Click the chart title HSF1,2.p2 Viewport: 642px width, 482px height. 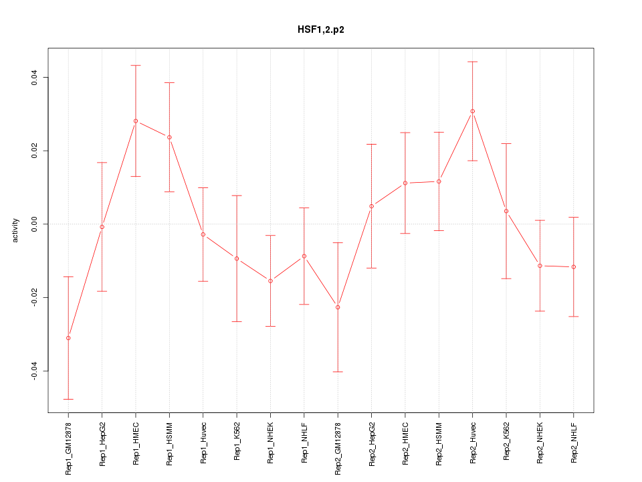coord(321,30)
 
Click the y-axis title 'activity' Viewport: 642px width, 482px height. coord(16,230)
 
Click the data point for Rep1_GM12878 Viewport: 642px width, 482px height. coord(68,338)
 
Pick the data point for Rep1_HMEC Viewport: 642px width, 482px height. coord(136,121)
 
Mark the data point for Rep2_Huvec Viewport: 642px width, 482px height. coord(472,111)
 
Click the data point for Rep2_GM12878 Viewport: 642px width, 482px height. coord(338,307)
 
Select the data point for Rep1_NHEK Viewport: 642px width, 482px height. coord(270,280)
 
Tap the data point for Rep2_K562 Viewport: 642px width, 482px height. coord(506,211)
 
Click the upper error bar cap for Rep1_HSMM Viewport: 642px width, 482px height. coord(169,82)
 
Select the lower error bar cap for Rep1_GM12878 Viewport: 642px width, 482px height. coord(68,399)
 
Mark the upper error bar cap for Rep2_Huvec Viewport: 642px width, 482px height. coord(472,62)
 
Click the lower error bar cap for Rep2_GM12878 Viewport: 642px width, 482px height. coord(338,372)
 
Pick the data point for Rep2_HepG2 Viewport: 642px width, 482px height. coord(371,206)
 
